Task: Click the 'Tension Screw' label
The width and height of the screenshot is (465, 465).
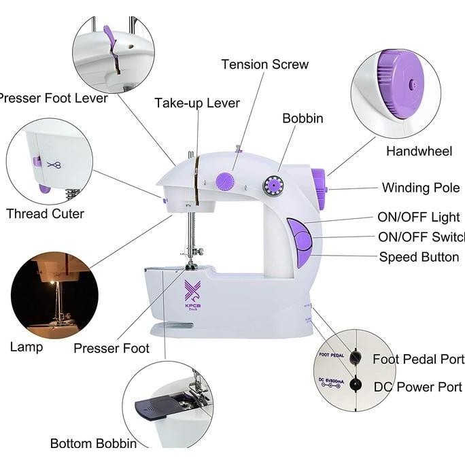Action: [265, 65]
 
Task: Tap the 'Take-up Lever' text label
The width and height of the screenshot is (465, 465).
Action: [197, 103]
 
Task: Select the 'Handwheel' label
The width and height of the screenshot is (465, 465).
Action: [419, 152]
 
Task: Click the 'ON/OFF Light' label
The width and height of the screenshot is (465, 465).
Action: [418, 218]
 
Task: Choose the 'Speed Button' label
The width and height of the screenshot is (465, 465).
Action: [419, 257]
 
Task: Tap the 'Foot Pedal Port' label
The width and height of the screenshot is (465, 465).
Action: [418, 359]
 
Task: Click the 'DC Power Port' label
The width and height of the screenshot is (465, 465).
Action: [417, 387]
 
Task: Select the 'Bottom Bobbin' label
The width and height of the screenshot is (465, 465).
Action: [93, 443]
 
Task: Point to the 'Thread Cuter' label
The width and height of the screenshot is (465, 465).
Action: [46, 213]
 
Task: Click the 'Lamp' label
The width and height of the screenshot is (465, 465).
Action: [27, 347]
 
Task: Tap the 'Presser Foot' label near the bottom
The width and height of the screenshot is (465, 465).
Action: [111, 349]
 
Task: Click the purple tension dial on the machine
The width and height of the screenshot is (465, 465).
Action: [224, 181]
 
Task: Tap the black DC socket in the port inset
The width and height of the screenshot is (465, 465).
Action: [354, 384]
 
